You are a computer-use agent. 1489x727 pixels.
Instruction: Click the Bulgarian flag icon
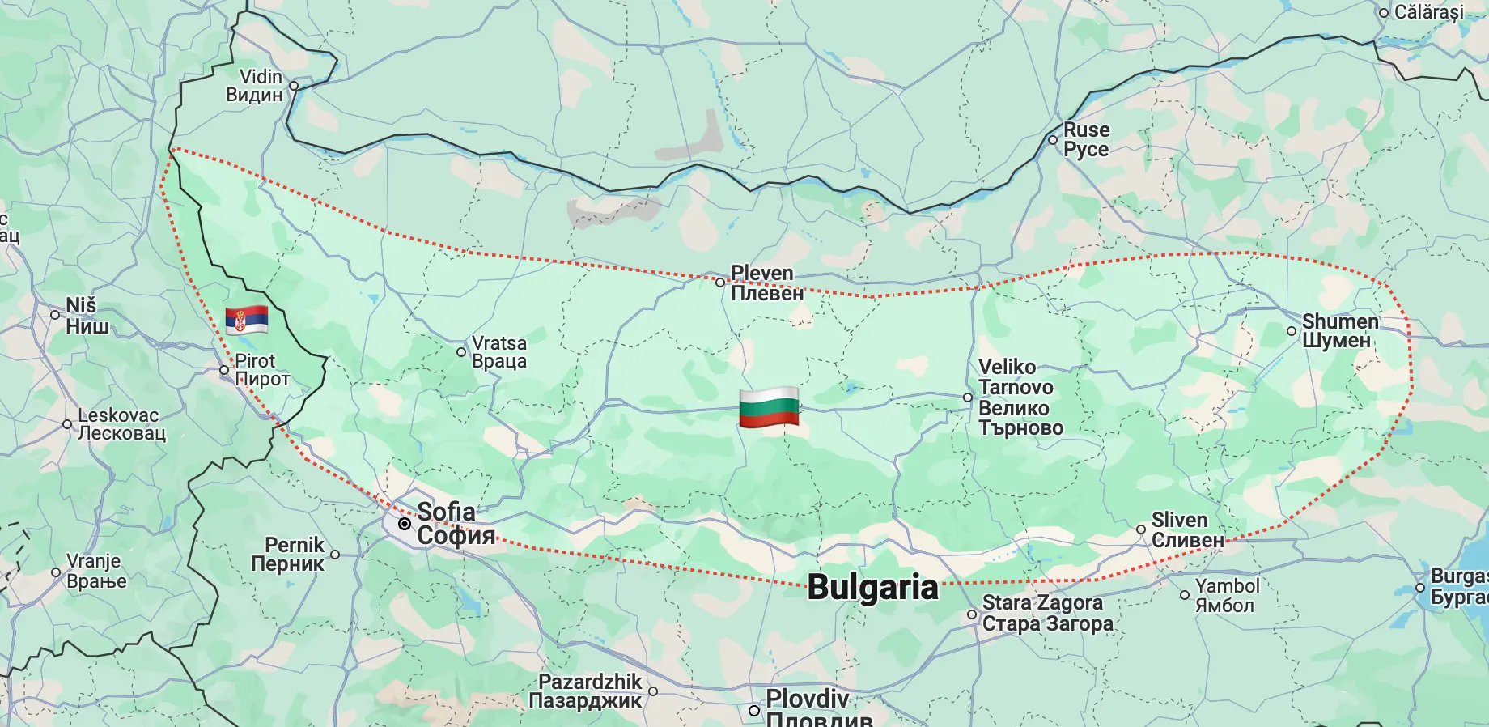pyautogui.click(x=769, y=407)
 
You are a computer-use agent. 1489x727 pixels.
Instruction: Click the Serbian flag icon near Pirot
pyautogui.click(x=247, y=321)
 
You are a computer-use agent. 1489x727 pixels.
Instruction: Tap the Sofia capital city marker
pyautogui.click(x=405, y=524)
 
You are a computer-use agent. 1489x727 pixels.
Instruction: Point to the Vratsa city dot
pyautogui.click(x=461, y=352)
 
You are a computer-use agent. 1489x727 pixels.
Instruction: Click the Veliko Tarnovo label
pyautogui.click(x=1020, y=398)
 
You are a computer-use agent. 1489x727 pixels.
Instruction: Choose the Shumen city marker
pyautogui.click(x=1292, y=331)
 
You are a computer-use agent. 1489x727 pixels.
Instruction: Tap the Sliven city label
pyautogui.click(x=1186, y=530)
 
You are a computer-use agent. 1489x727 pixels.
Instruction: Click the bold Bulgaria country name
pyautogui.click(x=872, y=588)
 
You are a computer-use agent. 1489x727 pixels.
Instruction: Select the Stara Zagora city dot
pyautogui.click(x=972, y=614)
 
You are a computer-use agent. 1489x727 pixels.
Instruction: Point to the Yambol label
pyautogui.click(x=1227, y=596)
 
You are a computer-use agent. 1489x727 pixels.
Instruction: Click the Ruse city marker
pyautogui.click(x=1053, y=140)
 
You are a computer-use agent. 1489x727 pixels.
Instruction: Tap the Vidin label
pyautogui.click(x=256, y=86)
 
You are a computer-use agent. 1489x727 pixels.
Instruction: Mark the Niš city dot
pyautogui.click(x=55, y=316)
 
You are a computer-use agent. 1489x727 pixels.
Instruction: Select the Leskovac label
pyautogui.click(x=121, y=424)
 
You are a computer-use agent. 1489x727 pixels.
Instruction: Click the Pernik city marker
pyautogui.click(x=335, y=555)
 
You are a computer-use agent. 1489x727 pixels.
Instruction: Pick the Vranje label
pyautogui.click(x=95, y=571)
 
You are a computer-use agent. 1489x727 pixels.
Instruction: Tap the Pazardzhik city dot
pyautogui.click(x=653, y=691)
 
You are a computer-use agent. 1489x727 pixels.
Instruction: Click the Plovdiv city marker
pyautogui.click(x=753, y=711)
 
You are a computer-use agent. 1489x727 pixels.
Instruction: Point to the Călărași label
pyautogui.click(x=1428, y=12)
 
